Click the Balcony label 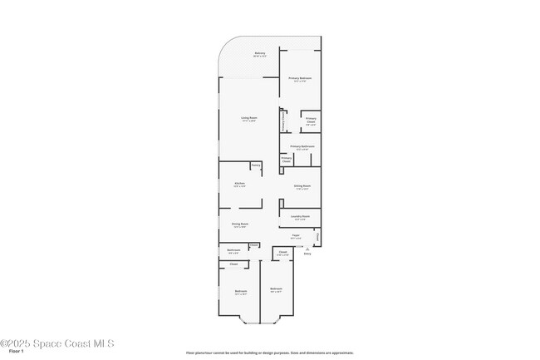[259, 53]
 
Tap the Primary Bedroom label [301, 78]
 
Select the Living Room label [249, 118]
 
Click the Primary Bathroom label [302, 146]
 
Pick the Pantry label [256, 165]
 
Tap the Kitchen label [239, 183]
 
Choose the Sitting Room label [302, 185]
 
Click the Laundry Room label [300, 216]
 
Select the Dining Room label [239, 224]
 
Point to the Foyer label [296, 235]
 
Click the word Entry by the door [307, 254]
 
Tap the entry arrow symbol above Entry [307, 249]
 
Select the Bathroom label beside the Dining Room [233, 249]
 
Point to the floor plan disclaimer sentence [270, 353]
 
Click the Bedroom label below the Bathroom [240, 290]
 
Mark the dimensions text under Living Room [249, 121]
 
